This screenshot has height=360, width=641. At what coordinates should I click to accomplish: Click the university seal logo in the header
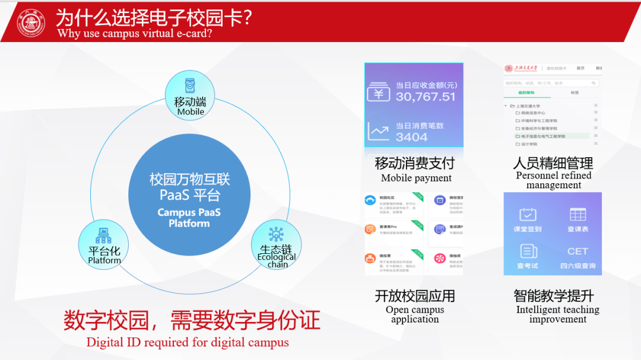pyautogui.click(x=31, y=23)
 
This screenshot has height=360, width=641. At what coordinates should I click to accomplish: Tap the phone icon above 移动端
pyautogui.click(x=190, y=85)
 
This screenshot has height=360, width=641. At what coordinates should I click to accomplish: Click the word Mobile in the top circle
pyautogui.click(x=191, y=111)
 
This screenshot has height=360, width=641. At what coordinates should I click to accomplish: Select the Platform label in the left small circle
pyautogui.click(x=104, y=260)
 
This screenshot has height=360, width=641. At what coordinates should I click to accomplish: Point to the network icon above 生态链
pyautogui.click(x=276, y=234)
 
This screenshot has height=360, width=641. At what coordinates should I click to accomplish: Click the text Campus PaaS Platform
pyautogui.click(x=189, y=218)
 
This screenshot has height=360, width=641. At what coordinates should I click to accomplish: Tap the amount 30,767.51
pyautogui.click(x=426, y=97)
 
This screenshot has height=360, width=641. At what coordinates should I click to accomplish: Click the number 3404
pyautogui.click(x=411, y=137)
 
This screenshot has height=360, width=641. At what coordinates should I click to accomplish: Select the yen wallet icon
pyautogui.click(x=378, y=93)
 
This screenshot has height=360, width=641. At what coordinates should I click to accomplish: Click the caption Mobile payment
pyautogui.click(x=416, y=178)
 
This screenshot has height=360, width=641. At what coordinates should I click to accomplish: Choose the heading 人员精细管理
pyautogui.click(x=553, y=163)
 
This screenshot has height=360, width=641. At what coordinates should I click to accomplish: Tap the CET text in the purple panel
pyautogui.click(x=577, y=251)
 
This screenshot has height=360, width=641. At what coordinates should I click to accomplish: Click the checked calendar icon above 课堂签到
pyautogui.click(x=528, y=214)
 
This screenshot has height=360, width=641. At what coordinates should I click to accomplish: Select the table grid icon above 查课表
pyautogui.click(x=577, y=214)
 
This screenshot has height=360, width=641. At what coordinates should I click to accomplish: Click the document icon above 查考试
pyautogui.click(x=528, y=251)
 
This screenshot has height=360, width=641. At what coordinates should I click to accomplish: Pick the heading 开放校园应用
pyautogui.click(x=415, y=295)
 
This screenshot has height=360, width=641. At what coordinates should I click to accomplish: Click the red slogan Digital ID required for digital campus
pyautogui.click(x=188, y=342)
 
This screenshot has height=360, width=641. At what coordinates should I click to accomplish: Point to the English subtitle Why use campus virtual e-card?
pyautogui.click(x=135, y=33)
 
